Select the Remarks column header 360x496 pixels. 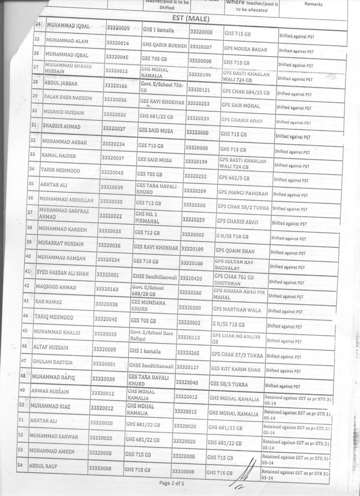click(313, 4)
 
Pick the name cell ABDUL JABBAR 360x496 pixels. click(61, 83)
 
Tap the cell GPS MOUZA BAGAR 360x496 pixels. click(245, 49)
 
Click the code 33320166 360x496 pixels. click(116, 86)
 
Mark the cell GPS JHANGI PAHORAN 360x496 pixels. click(243, 193)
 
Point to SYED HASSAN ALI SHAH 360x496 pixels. click(62, 274)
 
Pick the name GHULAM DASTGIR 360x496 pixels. click(52, 362)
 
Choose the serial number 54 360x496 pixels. click(21, 465)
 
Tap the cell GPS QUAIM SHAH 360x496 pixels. click(235, 250)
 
